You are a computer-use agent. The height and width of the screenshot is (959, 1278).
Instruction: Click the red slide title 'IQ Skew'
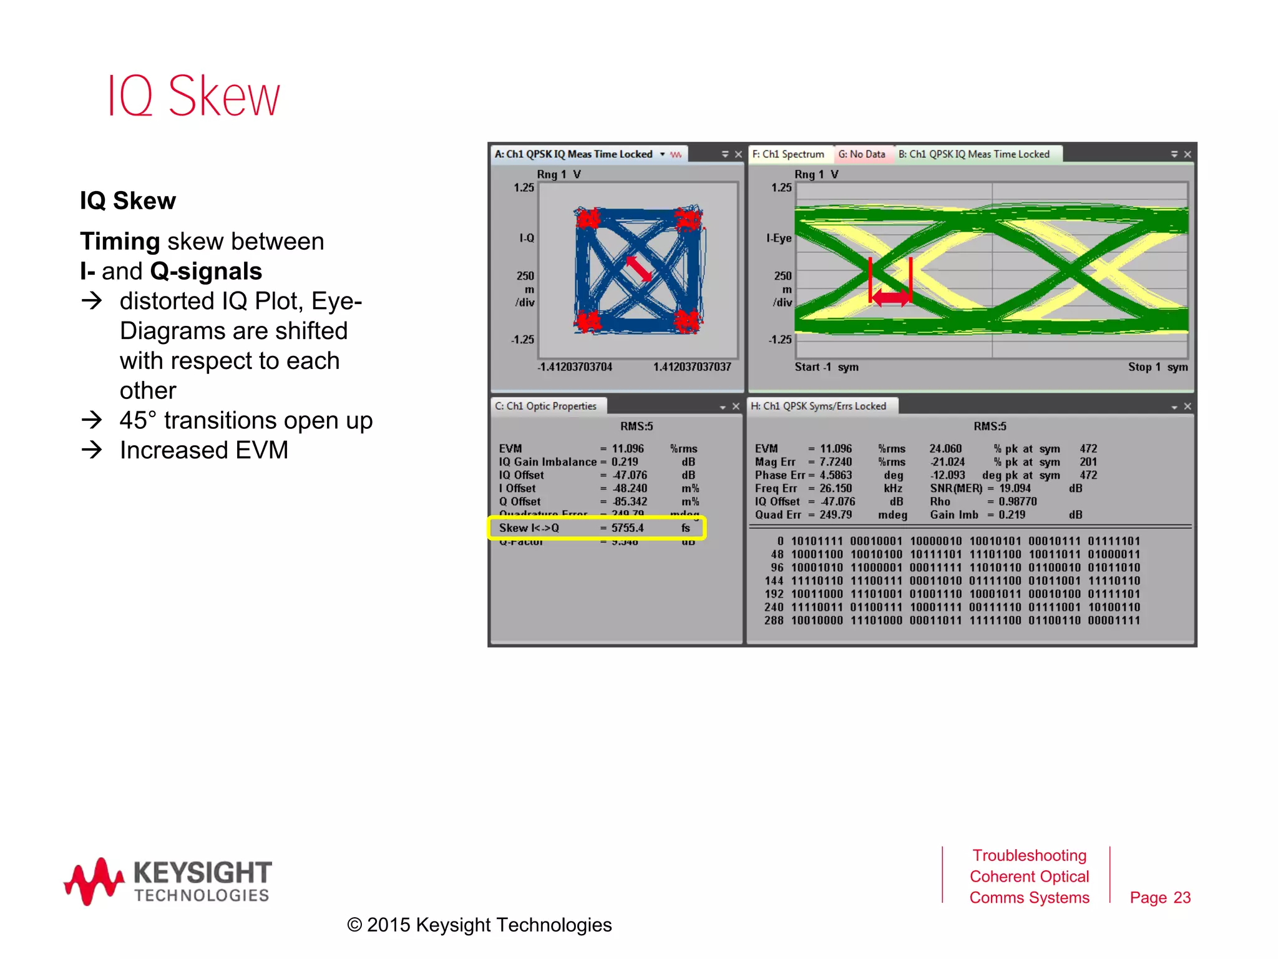pos(193,96)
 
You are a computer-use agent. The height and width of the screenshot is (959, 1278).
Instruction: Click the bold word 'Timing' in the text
pos(120,242)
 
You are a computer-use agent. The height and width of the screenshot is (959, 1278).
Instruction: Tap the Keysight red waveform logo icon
pos(94,881)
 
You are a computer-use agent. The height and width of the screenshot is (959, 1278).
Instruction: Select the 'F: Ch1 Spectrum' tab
pos(788,154)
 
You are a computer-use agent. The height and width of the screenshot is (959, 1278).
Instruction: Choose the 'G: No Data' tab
pos(861,154)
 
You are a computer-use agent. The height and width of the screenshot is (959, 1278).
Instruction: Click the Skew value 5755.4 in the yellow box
pos(627,528)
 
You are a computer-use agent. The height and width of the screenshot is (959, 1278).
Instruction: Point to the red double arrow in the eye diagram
pos(890,298)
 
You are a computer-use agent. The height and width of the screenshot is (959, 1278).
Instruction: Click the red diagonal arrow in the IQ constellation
pos(639,268)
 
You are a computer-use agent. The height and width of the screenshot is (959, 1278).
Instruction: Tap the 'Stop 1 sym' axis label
pos(1158,367)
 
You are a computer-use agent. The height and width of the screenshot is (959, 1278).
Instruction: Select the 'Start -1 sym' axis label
pos(826,367)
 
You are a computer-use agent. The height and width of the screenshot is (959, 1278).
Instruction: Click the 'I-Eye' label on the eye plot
pos(779,238)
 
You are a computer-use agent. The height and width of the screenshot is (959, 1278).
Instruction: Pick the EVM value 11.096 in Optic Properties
pos(627,449)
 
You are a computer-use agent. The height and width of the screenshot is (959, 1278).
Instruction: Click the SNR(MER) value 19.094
pos(1015,488)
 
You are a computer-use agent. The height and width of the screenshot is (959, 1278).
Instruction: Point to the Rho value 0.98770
pos(1017,501)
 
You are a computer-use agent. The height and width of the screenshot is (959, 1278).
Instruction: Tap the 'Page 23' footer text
pos(1160,898)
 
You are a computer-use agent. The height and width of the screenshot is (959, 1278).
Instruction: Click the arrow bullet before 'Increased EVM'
pos(92,450)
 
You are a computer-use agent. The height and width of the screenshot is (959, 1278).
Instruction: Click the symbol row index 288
pos(773,621)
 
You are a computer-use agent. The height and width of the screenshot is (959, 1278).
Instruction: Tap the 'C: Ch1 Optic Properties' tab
pos(546,406)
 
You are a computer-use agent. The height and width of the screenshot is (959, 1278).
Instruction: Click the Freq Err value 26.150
pos(835,488)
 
